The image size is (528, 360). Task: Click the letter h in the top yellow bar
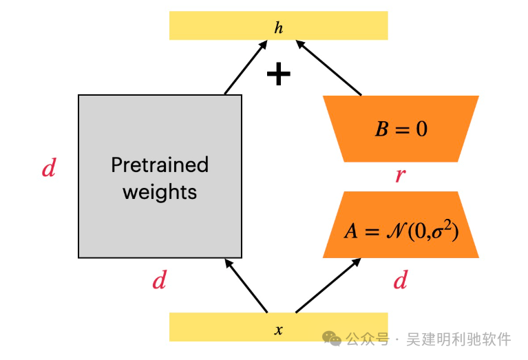point(278,28)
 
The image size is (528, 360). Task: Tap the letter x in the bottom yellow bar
point(278,330)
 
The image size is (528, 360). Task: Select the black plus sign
point(278,74)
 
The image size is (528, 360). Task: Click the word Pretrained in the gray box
point(160,165)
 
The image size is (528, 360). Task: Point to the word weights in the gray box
point(160,191)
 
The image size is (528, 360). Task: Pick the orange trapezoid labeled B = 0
point(401,129)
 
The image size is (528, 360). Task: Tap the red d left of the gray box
point(48,169)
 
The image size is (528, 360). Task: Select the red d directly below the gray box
point(159,280)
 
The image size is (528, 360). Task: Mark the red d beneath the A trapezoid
point(400,280)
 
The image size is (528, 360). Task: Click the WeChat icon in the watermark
point(332,339)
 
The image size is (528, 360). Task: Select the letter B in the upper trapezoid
point(381,129)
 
